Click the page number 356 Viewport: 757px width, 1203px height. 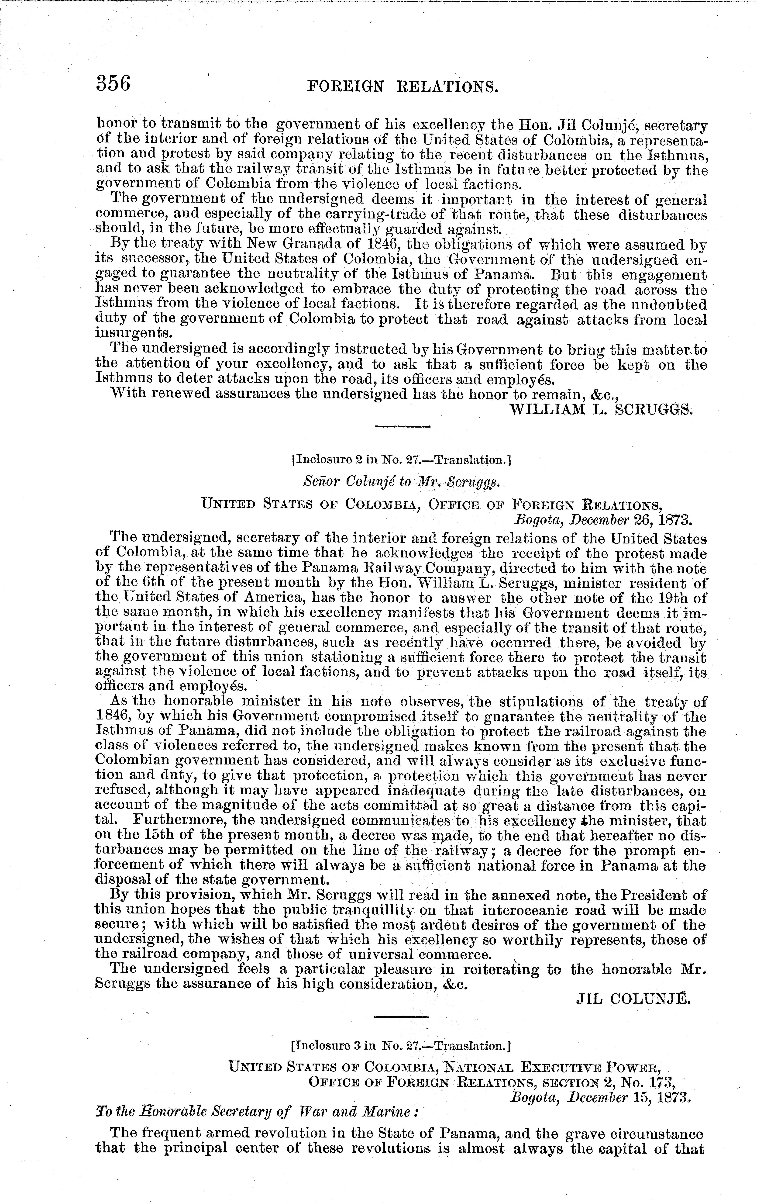coord(114,83)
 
